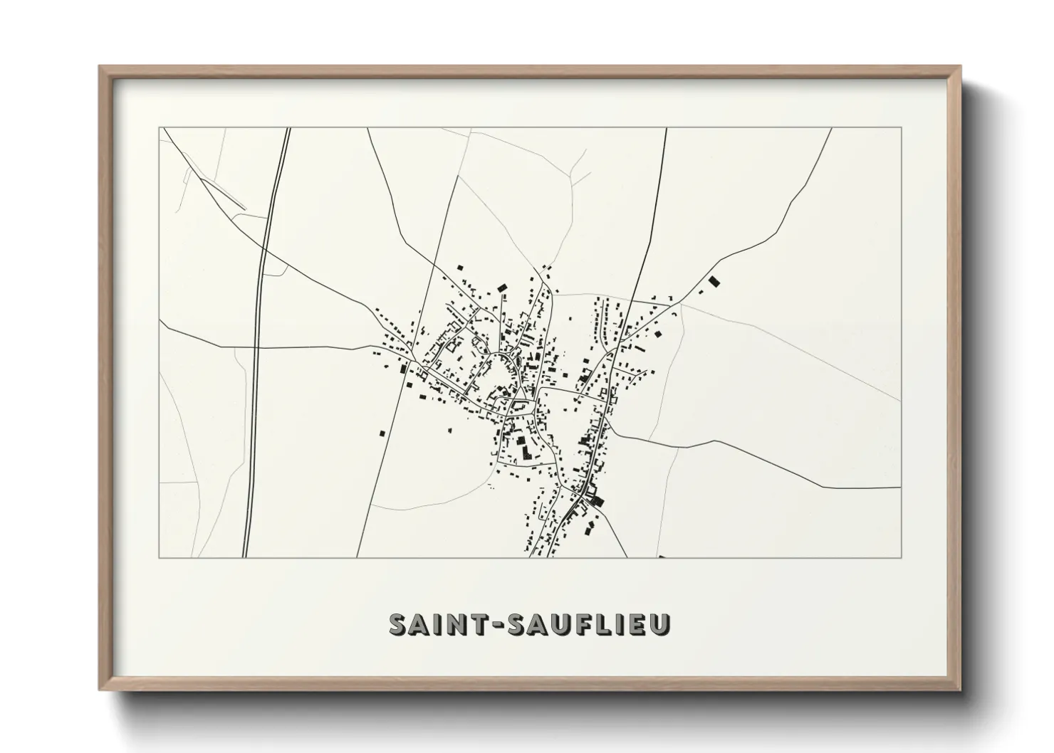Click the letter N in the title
pyautogui.click(x=454, y=624)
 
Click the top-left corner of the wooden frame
pyautogui.click(x=100, y=66)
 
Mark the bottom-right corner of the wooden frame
pyautogui.click(x=960, y=690)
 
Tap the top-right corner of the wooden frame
pyautogui.click(x=960, y=66)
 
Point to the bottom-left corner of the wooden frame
pyautogui.click(x=100, y=690)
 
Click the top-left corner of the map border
pyautogui.click(x=160, y=128)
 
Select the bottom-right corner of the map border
pyautogui.click(x=901, y=557)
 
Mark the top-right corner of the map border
pyautogui.click(x=901, y=128)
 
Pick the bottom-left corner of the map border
pyautogui.click(x=160, y=557)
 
